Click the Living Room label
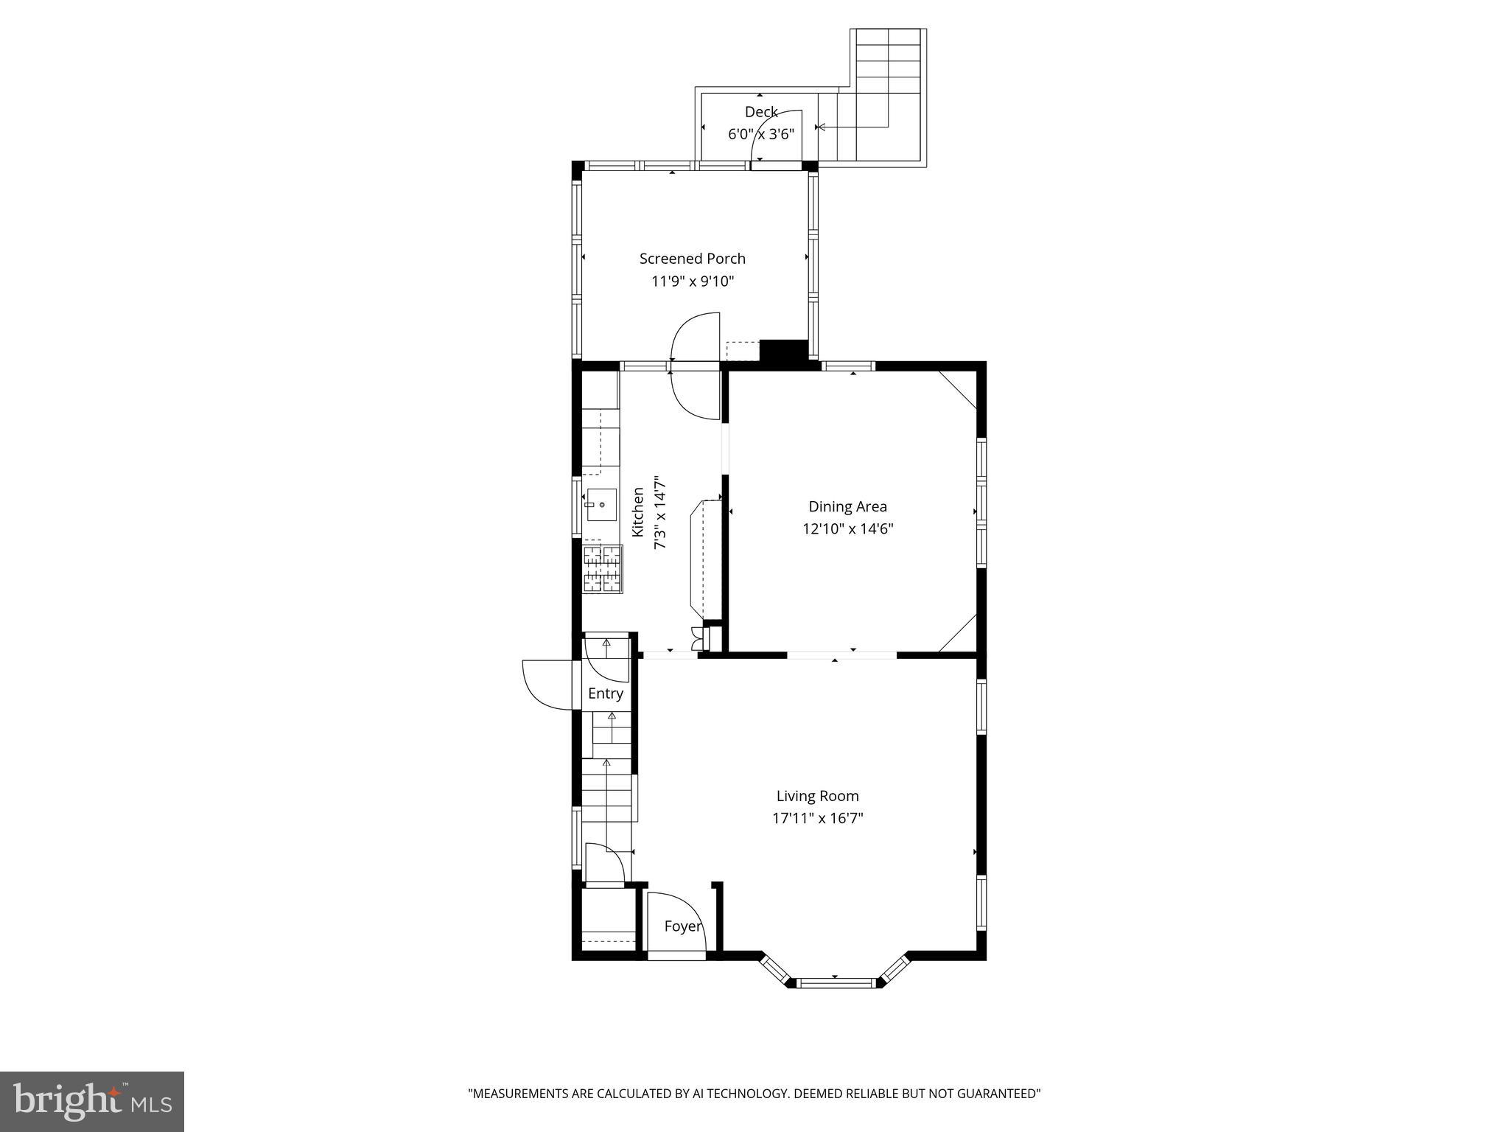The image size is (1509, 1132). tap(817, 796)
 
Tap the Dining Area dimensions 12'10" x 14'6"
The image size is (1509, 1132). tap(847, 528)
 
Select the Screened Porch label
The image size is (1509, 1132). tap(692, 259)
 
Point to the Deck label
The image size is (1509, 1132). tap(761, 112)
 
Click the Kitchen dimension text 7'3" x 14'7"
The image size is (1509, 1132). tap(660, 512)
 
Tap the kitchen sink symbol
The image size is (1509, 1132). tap(601, 505)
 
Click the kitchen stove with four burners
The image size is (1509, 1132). tap(603, 568)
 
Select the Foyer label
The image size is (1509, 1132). tap(682, 926)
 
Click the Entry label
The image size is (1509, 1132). tap(605, 693)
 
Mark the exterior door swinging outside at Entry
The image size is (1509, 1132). tap(545, 685)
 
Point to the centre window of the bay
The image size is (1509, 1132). tap(836, 982)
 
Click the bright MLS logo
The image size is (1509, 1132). tap(92, 1101)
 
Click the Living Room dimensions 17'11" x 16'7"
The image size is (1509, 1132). tap(817, 818)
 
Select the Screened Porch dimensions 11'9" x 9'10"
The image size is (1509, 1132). tap(692, 281)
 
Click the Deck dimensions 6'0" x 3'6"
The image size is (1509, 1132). tap(761, 134)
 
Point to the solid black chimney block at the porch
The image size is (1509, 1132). tap(784, 350)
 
